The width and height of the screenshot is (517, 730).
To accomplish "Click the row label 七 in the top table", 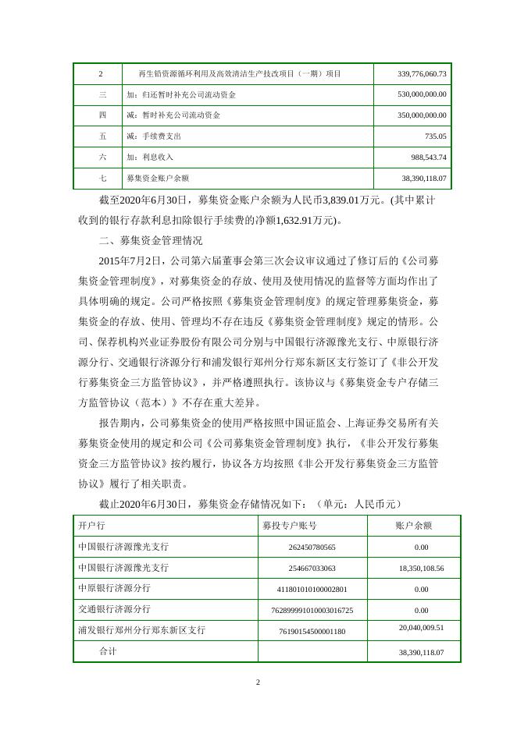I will (x=102, y=178).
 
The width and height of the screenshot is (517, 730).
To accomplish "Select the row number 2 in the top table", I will (x=102, y=74).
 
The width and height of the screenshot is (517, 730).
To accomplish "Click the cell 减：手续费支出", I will (x=159, y=136).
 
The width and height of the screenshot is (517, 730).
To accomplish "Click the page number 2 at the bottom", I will (x=258, y=684).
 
